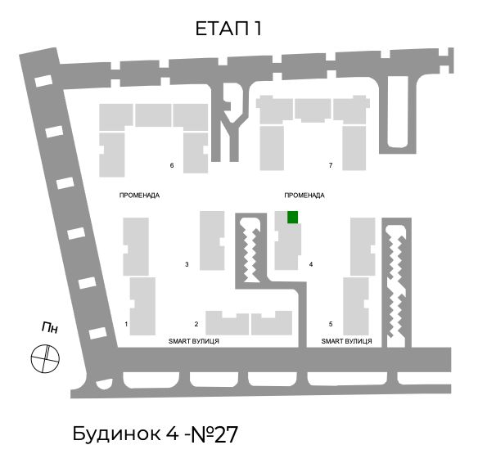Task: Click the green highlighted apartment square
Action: pyautogui.click(x=293, y=217)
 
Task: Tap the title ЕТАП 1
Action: pyautogui.click(x=228, y=29)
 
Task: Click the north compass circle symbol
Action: pyautogui.click(x=45, y=358)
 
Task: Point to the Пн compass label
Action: pyautogui.click(x=50, y=328)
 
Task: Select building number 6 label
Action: pyautogui.click(x=172, y=165)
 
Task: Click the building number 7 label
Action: pyautogui.click(x=331, y=165)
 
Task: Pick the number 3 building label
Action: pyautogui.click(x=187, y=264)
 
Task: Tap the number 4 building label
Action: pyautogui.click(x=311, y=264)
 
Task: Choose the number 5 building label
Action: pyautogui.click(x=331, y=324)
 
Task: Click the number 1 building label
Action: pyautogui.click(x=126, y=324)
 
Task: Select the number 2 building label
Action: pyautogui.click(x=196, y=324)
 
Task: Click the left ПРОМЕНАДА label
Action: pyautogui.click(x=139, y=196)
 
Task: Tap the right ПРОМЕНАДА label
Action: pyautogui.click(x=304, y=196)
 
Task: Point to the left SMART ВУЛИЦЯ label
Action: pyautogui.click(x=194, y=341)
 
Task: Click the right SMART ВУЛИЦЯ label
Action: pyautogui.click(x=346, y=341)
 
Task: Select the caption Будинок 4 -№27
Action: pyautogui.click(x=156, y=434)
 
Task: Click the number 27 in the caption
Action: pyautogui.click(x=226, y=434)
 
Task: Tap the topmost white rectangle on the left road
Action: pyautogui.click(x=43, y=81)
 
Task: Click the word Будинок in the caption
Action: pyautogui.click(x=116, y=434)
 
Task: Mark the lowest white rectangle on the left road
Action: pyautogui.click(x=98, y=333)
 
